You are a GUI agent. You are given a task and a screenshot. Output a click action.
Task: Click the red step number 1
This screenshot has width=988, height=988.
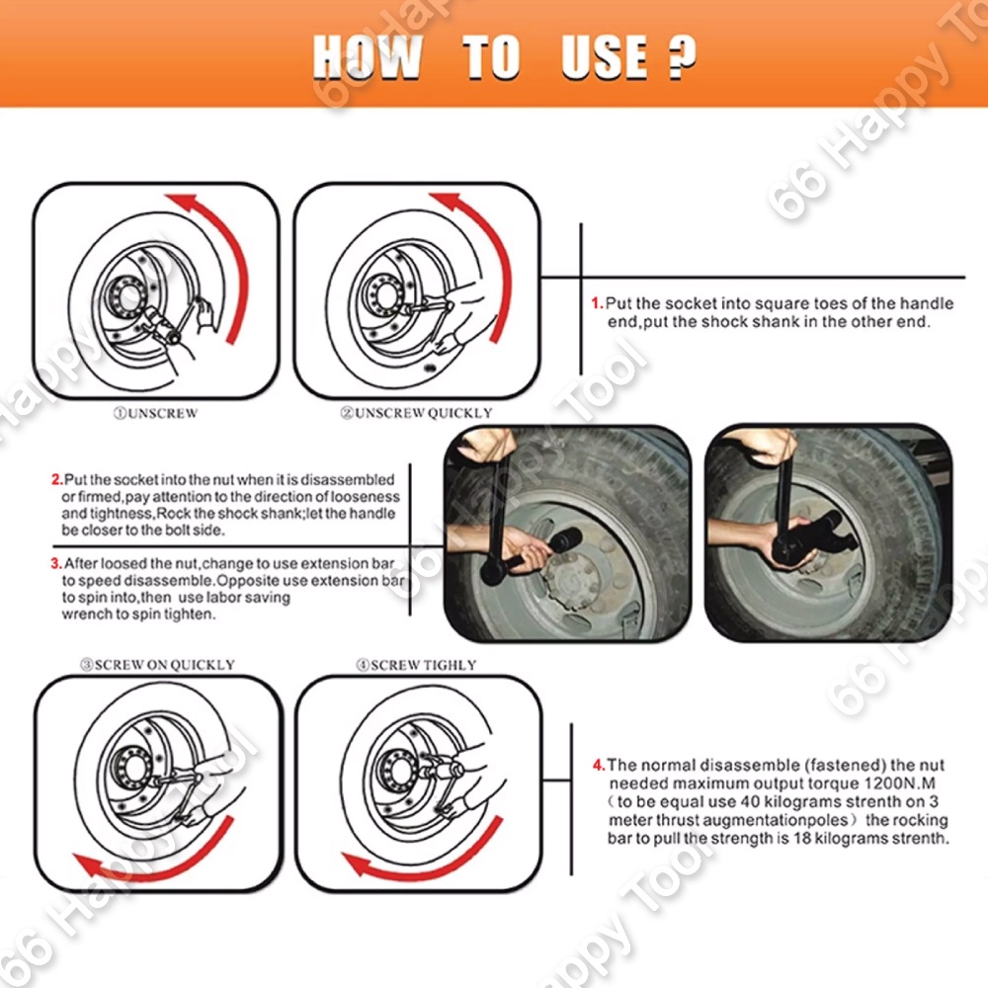tap(597, 303)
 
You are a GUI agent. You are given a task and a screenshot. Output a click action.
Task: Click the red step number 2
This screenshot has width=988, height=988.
tap(57, 479)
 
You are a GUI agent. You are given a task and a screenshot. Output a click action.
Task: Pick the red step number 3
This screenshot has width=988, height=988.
tap(56, 563)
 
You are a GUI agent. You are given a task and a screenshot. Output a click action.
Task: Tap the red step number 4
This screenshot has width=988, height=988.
tap(599, 765)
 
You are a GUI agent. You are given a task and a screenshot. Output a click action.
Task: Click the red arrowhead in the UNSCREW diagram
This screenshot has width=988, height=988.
tap(185, 205)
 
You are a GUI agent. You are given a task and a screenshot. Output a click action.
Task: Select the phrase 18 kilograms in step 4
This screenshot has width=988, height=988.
tap(834, 839)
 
